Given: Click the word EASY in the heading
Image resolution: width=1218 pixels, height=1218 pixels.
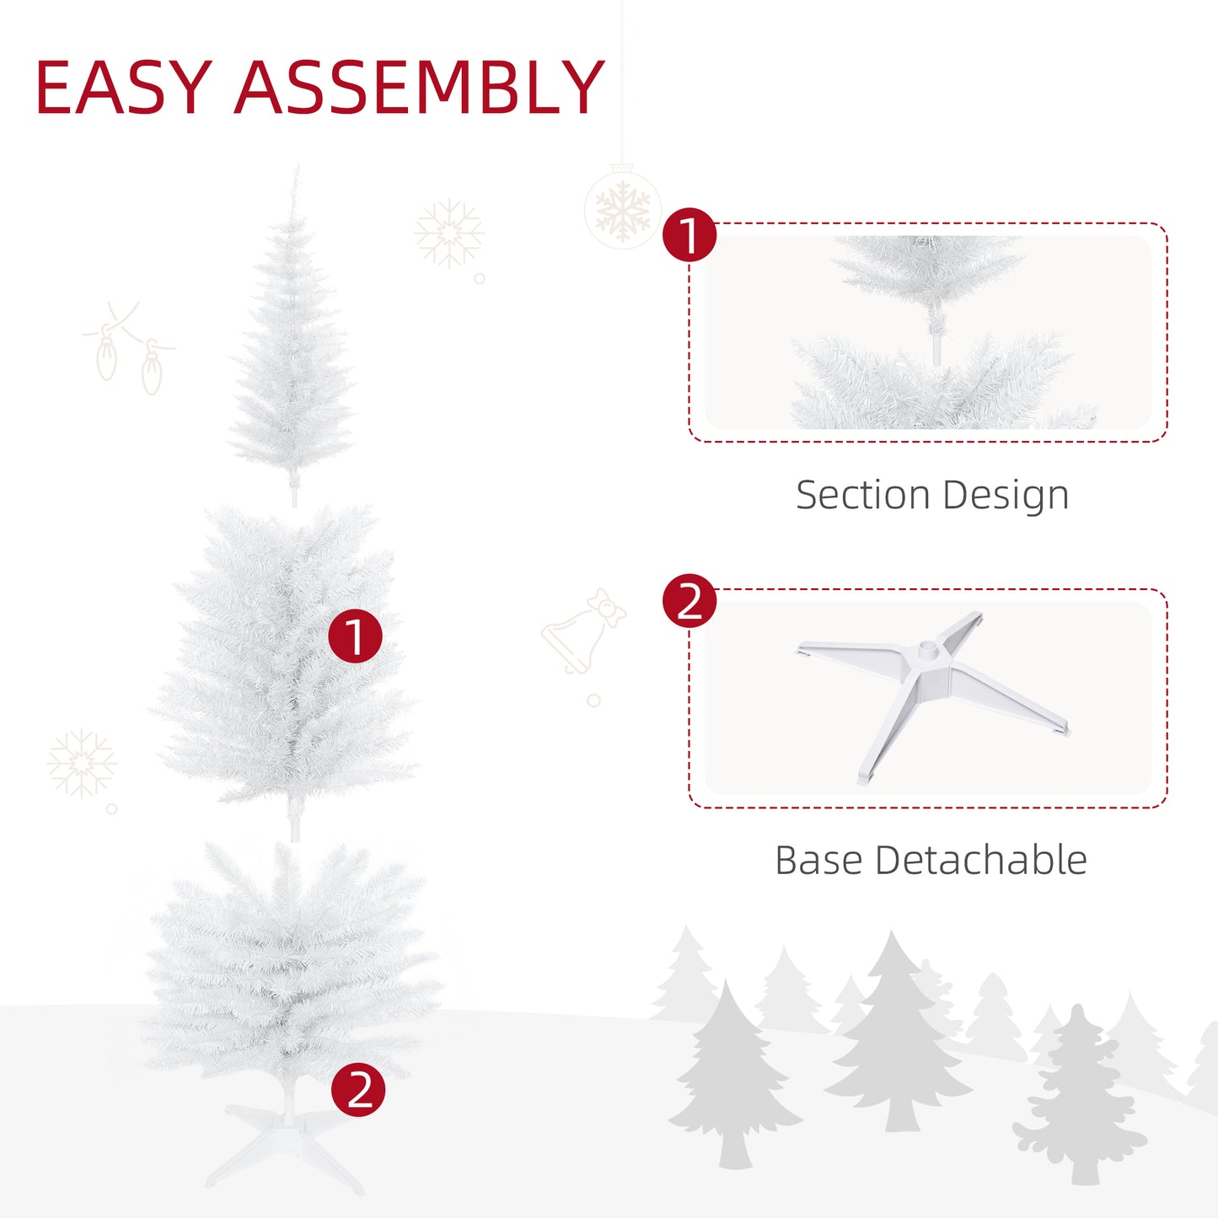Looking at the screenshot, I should (x=123, y=88).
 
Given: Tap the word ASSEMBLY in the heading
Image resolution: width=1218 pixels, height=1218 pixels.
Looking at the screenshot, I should (x=419, y=88).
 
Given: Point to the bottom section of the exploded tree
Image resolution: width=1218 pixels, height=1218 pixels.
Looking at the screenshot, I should (x=287, y=961).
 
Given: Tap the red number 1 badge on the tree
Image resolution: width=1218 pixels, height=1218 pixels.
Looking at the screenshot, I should (x=355, y=636).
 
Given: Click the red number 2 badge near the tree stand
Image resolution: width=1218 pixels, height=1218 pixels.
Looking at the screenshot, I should (x=358, y=1089).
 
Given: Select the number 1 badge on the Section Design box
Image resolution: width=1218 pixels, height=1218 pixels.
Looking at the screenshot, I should (x=689, y=235).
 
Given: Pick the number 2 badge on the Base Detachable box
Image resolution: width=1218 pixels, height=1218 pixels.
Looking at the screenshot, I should (x=689, y=601).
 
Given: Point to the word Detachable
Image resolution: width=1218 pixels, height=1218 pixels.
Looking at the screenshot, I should (x=981, y=861).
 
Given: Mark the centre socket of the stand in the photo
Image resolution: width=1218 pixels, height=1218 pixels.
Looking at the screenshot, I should (x=929, y=650).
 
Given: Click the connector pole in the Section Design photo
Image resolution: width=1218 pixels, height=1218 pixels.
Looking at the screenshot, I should (x=936, y=346).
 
